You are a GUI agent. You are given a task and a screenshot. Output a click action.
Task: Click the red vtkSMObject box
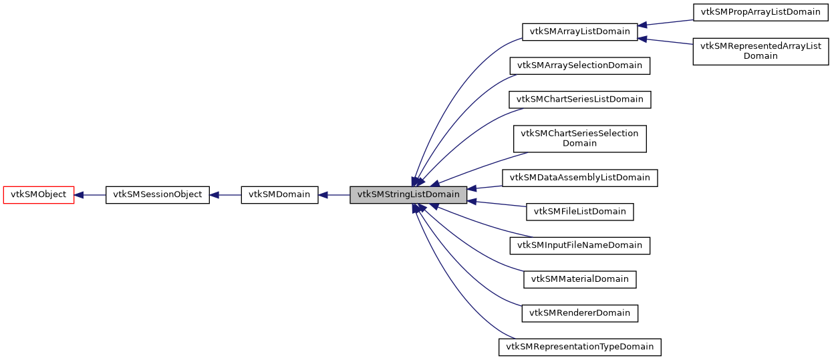(x=38, y=195)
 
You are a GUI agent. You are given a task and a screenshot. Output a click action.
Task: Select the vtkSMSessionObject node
(x=158, y=195)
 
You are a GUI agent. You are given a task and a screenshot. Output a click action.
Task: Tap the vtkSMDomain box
(x=279, y=195)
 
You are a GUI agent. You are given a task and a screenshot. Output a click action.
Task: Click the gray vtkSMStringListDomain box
(x=408, y=195)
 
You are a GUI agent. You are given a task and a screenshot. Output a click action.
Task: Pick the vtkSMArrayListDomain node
(x=579, y=31)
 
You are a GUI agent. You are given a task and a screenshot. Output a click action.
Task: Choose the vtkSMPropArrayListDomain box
(x=760, y=12)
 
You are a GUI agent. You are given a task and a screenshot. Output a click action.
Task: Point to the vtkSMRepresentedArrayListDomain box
(x=760, y=51)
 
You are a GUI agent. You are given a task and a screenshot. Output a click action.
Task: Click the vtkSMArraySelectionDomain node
(x=579, y=65)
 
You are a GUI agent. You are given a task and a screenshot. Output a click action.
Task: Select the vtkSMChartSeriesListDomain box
(x=579, y=100)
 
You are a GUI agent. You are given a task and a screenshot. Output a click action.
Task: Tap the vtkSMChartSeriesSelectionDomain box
(x=579, y=138)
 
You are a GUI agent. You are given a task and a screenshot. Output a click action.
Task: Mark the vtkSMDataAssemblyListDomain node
(x=579, y=178)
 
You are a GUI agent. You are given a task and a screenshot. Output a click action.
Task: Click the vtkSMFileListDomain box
(x=579, y=212)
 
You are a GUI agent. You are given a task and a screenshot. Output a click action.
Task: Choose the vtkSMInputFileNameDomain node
(x=579, y=245)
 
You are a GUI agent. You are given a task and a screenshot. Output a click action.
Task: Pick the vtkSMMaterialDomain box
(x=579, y=279)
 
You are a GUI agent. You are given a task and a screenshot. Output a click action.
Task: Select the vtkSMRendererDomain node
(x=579, y=313)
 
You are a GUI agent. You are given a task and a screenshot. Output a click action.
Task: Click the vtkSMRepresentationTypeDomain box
(x=579, y=347)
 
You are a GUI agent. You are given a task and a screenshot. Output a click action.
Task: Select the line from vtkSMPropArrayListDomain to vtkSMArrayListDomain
(x=666, y=23)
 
